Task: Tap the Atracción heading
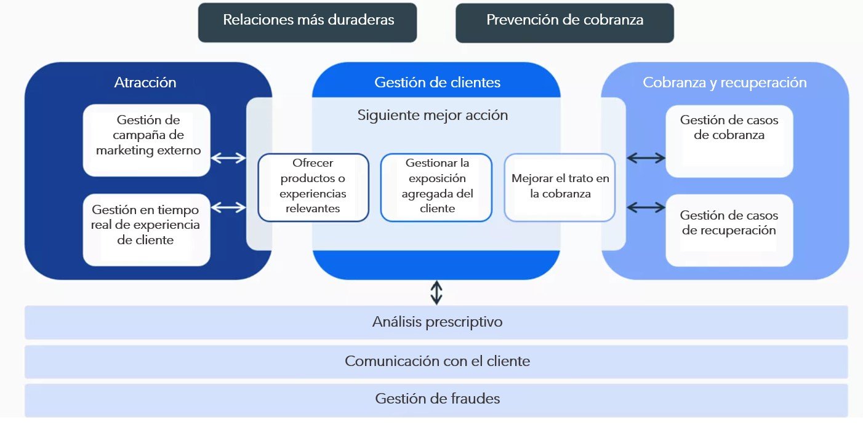pyautogui.click(x=145, y=82)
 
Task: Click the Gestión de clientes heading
pyautogui.click(x=437, y=82)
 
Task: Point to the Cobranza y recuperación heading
pyautogui.click(x=725, y=82)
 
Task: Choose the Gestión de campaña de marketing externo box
pyautogui.click(x=147, y=140)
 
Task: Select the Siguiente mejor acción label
pyautogui.click(x=433, y=115)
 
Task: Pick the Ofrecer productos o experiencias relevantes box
pyautogui.click(x=313, y=187)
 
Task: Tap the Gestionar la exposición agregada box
pyautogui.click(x=436, y=187)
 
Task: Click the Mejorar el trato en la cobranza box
pyautogui.click(x=560, y=187)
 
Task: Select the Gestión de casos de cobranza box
pyautogui.click(x=729, y=141)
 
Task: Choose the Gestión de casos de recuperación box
pyautogui.click(x=729, y=230)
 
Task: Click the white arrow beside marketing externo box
pyautogui.click(x=228, y=158)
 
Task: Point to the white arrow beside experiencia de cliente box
pyautogui.click(x=228, y=208)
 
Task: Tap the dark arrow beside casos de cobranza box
pyautogui.click(x=646, y=158)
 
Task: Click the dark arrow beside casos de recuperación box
pyautogui.click(x=646, y=208)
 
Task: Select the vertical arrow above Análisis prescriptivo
pyautogui.click(x=436, y=292)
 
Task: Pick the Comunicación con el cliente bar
pyautogui.click(x=436, y=361)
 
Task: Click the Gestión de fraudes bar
pyautogui.click(x=436, y=399)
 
